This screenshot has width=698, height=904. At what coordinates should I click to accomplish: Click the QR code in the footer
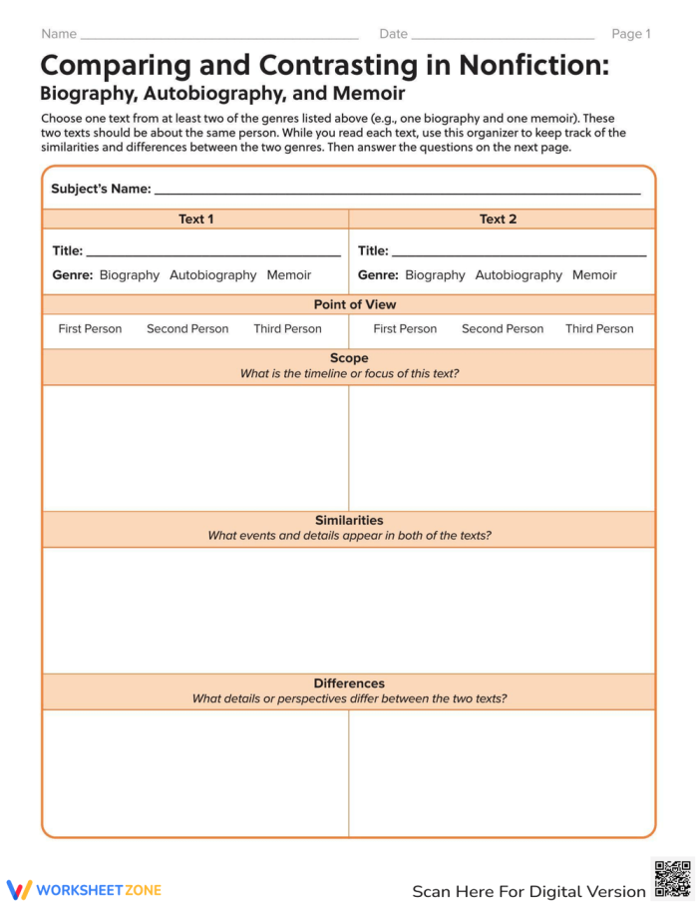click(x=672, y=879)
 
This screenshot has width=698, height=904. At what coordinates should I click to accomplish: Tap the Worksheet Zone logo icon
click(x=19, y=890)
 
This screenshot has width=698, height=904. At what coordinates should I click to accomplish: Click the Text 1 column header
click(x=195, y=220)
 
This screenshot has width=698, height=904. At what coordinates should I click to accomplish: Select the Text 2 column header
click(x=498, y=220)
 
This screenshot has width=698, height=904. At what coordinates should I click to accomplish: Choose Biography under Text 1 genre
click(x=130, y=275)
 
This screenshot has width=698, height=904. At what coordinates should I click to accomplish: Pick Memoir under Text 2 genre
click(x=594, y=275)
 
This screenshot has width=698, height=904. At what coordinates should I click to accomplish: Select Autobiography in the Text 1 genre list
click(x=212, y=275)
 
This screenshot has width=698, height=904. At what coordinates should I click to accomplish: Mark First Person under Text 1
click(x=90, y=329)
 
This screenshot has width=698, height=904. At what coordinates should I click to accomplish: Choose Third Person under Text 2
click(x=599, y=329)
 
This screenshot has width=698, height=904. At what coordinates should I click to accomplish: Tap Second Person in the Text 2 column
click(x=503, y=329)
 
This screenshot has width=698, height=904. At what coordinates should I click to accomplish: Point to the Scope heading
click(x=349, y=358)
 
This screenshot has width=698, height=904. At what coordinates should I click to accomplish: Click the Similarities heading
click(x=349, y=521)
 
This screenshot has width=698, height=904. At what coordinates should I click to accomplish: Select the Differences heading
click(x=349, y=683)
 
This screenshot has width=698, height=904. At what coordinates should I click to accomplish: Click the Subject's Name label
click(x=101, y=189)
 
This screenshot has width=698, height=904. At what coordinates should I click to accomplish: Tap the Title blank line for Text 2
click(x=519, y=253)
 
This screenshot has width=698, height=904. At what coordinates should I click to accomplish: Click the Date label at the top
click(x=393, y=34)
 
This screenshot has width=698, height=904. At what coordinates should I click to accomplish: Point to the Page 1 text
click(x=630, y=34)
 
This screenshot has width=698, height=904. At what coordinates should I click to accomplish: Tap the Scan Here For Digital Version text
click(x=528, y=891)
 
